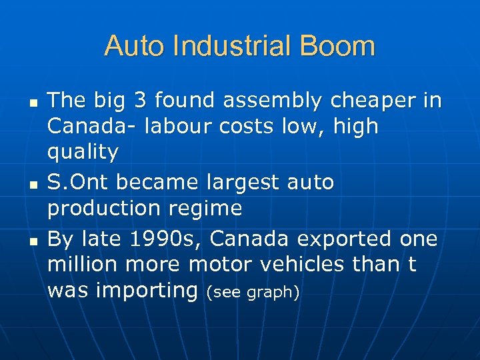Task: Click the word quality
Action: tap(82, 153)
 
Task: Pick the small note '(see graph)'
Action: tap(252, 292)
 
